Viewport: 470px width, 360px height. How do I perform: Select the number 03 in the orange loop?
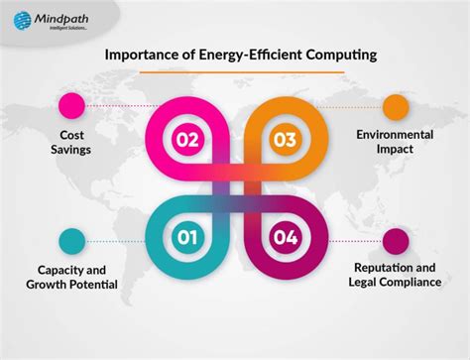click(x=284, y=139)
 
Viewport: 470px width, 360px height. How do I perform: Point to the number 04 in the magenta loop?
click(x=284, y=237)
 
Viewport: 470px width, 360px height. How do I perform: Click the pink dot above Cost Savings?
click(x=72, y=104)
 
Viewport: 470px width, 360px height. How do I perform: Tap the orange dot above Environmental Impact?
click(x=396, y=105)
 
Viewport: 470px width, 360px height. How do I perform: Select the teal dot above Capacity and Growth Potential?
click(x=72, y=241)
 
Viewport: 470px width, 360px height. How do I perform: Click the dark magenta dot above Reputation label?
click(x=396, y=241)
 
